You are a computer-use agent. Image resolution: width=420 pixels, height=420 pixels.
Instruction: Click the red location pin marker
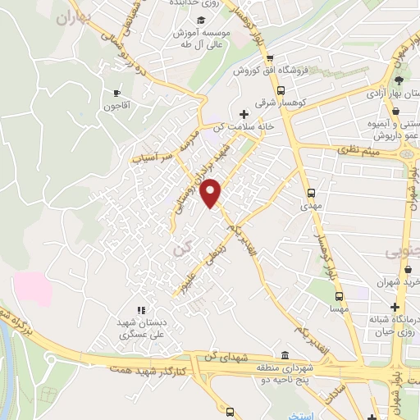(x=212, y=192)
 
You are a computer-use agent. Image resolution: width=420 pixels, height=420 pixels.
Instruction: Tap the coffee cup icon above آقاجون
(x=116, y=93)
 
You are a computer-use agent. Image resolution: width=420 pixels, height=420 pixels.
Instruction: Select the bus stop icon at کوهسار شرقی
(x=281, y=91)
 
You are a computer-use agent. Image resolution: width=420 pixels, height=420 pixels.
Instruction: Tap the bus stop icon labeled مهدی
(x=310, y=194)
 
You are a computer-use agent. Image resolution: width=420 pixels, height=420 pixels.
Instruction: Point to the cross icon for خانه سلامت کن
(x=242, y=114)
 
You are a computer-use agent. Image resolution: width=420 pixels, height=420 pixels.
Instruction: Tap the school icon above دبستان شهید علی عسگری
(x=140, y=310)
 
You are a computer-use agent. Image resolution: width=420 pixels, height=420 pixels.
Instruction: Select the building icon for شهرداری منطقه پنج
(x=284, y=354)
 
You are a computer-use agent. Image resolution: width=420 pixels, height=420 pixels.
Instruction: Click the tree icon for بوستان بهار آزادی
(x=399, y=80)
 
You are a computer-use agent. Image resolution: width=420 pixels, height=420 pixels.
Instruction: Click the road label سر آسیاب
(x=155, y=157)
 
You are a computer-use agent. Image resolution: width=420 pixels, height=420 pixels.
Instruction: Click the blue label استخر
(x=299, y=416)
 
